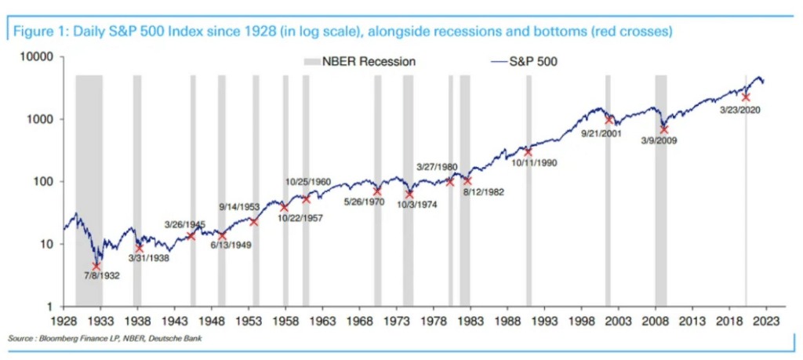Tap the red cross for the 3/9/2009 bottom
[663, 129]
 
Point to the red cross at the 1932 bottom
[96, 266]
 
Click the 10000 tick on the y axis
[36, 57]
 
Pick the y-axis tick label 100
[42, 182]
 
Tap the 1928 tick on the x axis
[64, 321]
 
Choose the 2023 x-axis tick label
[766, 321]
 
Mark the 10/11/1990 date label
[535, 162]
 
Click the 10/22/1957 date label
[301, 217]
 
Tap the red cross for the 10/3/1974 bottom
[409, 194]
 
